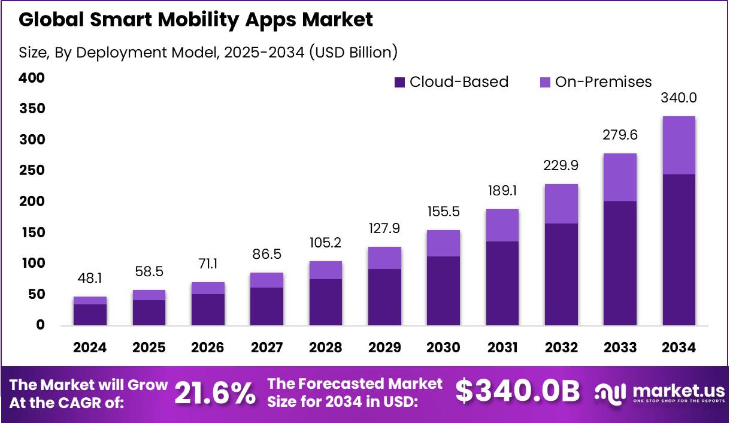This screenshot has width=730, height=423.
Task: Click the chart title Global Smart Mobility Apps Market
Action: pos(196,20)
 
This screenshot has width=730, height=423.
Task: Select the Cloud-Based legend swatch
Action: pos(400,82)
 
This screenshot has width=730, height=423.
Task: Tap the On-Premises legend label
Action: pos(603,82)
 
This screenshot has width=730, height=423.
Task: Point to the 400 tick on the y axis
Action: pos(32,78)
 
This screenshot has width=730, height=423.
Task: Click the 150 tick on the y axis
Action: pos(32,232)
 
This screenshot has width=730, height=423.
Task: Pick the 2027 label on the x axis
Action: pos(266,348)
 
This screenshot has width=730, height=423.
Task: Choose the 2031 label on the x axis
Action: pos(502,348)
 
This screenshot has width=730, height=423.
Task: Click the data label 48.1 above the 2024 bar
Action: pos(90,279)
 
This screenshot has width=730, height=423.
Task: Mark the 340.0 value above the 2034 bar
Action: pos(678,98)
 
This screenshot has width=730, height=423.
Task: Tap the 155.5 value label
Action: pos(443,211)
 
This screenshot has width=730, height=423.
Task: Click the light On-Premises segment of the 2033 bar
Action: pos(620,177)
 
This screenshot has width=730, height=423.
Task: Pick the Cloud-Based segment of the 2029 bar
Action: pos(384,297)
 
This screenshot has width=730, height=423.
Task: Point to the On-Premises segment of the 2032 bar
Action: pos(561,204)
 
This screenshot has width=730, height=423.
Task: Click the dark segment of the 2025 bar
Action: pos(149,313)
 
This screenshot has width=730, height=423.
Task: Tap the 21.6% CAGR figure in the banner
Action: pos(214,394)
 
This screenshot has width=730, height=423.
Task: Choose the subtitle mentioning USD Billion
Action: pos(208,53)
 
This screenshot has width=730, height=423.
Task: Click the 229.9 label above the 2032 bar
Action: pos(561,165)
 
